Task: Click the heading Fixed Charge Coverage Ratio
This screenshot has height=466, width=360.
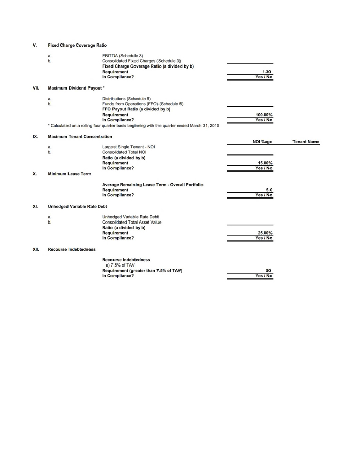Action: coord(76,45)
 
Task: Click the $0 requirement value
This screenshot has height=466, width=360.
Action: coord(268,271)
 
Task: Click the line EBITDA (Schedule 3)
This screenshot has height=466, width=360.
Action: coord(123,56)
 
